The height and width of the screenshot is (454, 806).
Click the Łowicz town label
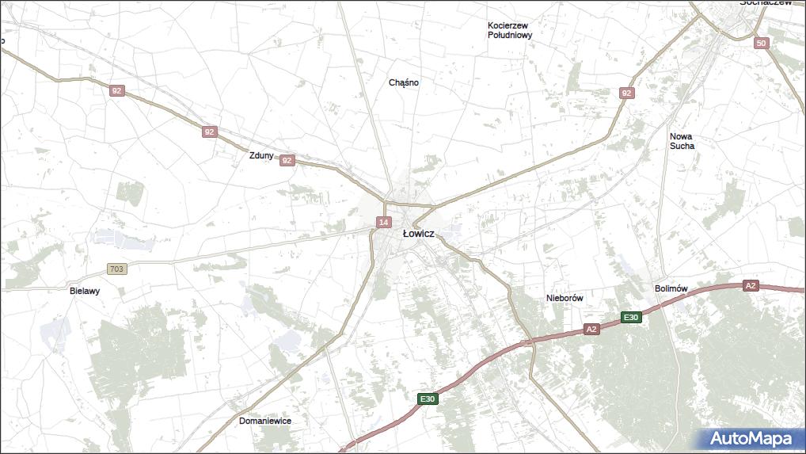point(417,234)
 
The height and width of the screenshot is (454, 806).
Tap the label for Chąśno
point(404,82)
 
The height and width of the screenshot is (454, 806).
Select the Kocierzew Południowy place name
point(510,30)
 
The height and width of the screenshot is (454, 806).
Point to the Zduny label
point(260,156)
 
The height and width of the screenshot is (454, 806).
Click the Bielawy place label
point(85,291)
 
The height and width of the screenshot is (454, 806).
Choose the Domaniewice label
point(265,421)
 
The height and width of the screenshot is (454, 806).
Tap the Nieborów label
point(565,298)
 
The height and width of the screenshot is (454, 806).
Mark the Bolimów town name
point(671,288)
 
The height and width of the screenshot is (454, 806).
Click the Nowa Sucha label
point(682,141)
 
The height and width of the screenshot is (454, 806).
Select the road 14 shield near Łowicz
point(383,222)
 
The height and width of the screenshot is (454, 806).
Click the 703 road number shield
point(117,269)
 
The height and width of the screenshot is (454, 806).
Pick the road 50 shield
point(762,43)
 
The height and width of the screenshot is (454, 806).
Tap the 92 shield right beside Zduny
point(287,160)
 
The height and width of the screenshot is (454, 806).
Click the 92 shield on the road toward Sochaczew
point(627,93)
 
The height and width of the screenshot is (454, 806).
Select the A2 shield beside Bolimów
point(751,285)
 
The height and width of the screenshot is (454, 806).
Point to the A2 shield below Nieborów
point(591,329)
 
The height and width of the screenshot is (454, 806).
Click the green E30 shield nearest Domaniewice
point(428,399)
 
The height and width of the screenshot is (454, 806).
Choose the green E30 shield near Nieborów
point(630,318)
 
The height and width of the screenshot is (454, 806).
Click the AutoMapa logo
point(750,438)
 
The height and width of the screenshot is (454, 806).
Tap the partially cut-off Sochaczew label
point(766,3)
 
